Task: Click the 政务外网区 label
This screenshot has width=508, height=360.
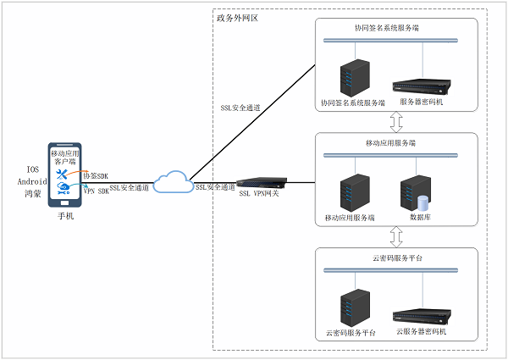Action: pos(238,17)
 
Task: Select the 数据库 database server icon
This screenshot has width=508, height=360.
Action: pos(418,192)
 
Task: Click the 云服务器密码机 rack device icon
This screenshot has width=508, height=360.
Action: pos(422,317)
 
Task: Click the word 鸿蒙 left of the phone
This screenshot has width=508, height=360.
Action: pos(32,193)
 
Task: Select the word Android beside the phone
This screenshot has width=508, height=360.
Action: pos(31,181)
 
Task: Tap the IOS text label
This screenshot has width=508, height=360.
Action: pos(32,169)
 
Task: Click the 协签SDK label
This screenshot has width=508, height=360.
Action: pos(96,175)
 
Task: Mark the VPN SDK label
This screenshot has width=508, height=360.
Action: pos(97,191)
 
